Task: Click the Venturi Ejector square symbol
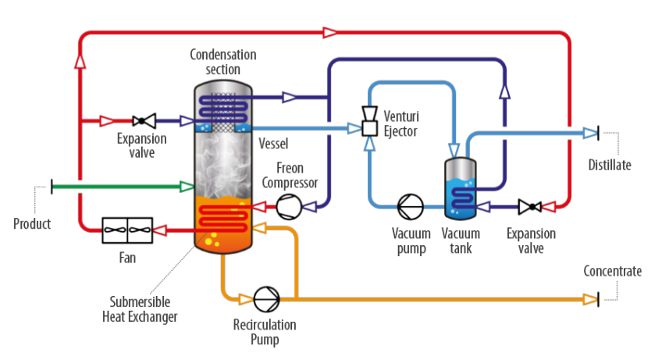(369, 127)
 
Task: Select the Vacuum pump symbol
(410, 207)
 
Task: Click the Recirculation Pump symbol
(265, 298)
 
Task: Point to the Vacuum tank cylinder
(461, 188)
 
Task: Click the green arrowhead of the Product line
(187, 186)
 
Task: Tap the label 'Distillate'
(610, 165)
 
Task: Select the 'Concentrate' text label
(613, 271)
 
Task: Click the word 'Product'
(32, 224)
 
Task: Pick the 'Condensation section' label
(223, 62)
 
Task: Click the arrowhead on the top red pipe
(329, 32)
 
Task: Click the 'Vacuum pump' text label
(411, 241)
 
